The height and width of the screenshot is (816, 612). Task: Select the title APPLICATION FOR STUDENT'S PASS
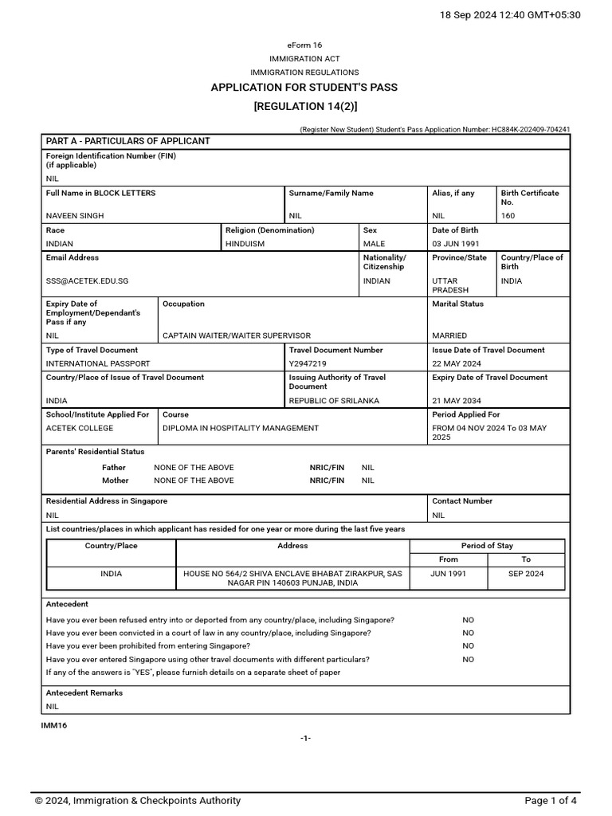[304, 88]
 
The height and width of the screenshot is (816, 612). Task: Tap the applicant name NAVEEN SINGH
[75, 216]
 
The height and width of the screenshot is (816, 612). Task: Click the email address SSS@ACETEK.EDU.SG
[87, 280]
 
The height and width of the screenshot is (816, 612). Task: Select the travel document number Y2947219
[308, 363]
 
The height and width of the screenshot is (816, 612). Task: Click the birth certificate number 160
[508, 216]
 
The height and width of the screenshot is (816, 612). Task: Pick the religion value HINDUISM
[245, 244]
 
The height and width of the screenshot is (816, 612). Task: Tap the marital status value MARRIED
[449, 335]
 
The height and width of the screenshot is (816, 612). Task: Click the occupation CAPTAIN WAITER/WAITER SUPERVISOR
[237, 335]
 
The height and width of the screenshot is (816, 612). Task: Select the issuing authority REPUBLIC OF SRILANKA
[334, 400]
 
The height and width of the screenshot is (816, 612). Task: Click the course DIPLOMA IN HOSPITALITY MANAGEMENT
[241, 428]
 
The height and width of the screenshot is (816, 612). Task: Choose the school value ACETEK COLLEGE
[79, 428]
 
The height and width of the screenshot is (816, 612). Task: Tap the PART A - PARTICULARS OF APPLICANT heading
[128, 141]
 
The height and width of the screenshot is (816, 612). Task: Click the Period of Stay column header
[487, 546]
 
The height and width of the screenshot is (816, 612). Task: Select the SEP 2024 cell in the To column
[526, 573]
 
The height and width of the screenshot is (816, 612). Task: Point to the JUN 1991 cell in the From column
[449, 573]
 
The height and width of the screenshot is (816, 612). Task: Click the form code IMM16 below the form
[54, 725]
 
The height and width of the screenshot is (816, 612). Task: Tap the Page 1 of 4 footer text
[551, 801]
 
